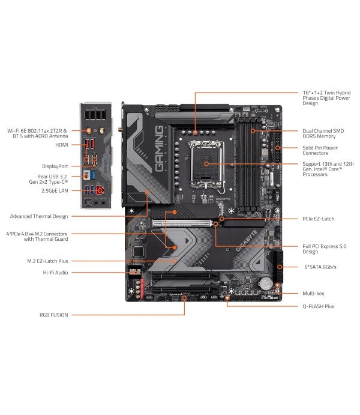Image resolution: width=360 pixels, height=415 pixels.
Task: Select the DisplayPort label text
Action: click(55, 165)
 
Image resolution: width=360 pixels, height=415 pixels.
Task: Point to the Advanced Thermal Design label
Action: click(38, 216)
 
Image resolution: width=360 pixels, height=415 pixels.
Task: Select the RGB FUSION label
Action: click(53, 314)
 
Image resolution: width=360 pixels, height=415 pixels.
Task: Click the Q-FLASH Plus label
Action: click(318, 306)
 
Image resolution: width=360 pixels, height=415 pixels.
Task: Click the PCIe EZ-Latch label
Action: click(318, 219)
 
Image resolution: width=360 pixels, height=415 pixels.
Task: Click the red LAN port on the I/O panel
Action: click(100, 190)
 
